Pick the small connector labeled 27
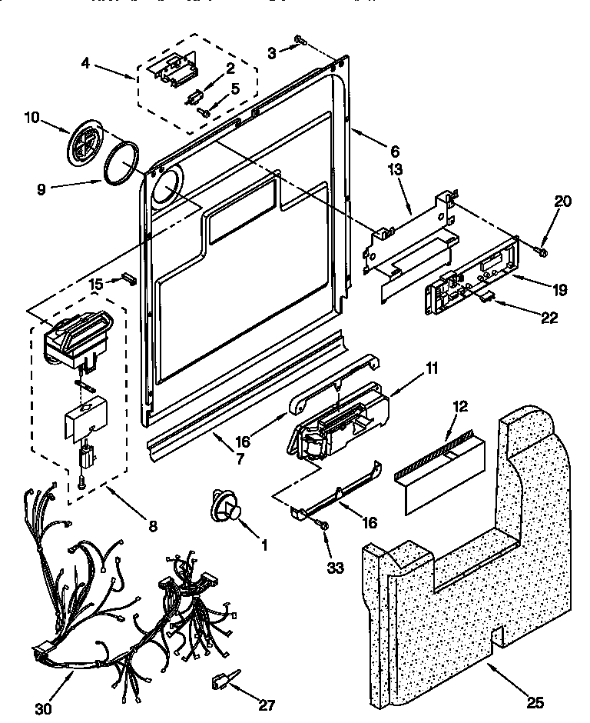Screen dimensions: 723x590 (221, 682)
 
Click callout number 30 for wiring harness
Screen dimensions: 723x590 (44, 708)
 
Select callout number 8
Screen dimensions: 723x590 (152, 526)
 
